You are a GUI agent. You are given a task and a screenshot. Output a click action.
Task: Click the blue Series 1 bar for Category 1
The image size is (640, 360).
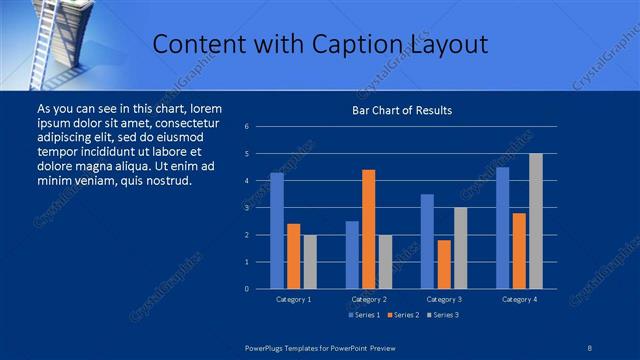(277, 231)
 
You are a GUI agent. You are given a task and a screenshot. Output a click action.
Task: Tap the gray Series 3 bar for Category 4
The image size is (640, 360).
(536, 221)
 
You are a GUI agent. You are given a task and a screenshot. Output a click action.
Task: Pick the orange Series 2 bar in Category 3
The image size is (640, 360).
(444, 264)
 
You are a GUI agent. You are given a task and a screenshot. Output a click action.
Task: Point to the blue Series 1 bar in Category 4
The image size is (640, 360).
(503, 228)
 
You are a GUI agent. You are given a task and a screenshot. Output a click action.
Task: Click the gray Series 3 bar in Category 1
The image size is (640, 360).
(310, 262)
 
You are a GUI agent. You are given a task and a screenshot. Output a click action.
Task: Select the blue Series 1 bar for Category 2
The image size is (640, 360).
(352, 255)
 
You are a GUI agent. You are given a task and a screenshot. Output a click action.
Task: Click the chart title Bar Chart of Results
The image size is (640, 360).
(401, 110)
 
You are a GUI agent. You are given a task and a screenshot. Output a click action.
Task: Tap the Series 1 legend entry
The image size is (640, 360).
(363, 315)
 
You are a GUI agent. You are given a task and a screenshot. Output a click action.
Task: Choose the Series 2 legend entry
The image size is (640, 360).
(403, 315)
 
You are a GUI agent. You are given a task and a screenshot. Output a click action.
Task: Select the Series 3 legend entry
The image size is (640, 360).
(442, 315)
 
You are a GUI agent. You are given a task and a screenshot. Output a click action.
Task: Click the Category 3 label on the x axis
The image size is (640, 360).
(443, 299)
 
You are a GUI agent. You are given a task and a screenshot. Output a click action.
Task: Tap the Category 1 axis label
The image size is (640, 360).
(293, 299)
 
